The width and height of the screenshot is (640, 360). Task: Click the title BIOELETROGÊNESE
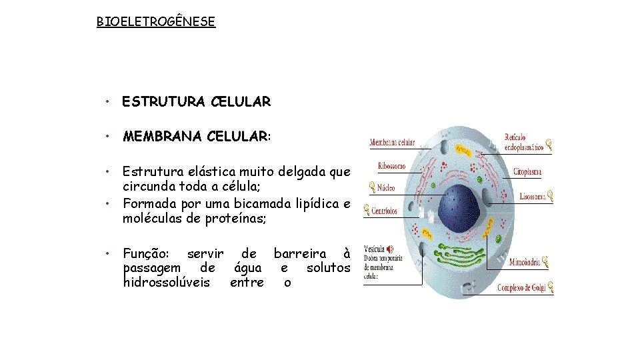click(x=156, y=22)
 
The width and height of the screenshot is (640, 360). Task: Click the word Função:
click(x=147, y=253)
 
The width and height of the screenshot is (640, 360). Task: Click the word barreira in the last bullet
click(x=300, y=253)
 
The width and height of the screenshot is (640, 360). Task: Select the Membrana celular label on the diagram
click(x=393, y=142)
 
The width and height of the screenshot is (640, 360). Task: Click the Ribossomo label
click(x=392, y=166)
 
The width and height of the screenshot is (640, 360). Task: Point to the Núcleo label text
click(x=387, y=188)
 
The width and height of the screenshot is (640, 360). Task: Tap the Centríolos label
click(x=385, y=211)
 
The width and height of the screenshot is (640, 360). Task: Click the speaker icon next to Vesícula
click(x=389, y=249)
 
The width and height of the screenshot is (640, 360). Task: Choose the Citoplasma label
click(x=527, y=172)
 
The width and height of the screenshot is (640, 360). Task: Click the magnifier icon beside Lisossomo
click(x=550, y=196)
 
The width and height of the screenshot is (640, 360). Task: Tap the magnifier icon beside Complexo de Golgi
click(x=550, y=288)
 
